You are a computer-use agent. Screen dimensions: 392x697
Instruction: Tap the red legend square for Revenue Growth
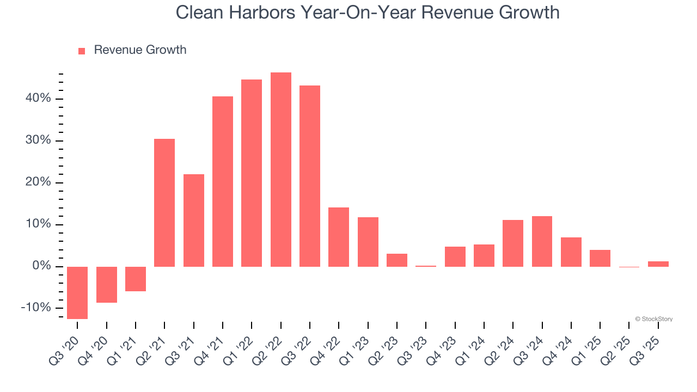(82, 51)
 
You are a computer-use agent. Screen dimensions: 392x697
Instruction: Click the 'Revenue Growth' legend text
(140, 50)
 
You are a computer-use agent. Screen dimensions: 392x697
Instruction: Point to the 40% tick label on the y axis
(38, 99)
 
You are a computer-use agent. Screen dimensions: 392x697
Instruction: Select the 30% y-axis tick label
(38, 140)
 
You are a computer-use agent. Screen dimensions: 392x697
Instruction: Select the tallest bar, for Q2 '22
(281, 169)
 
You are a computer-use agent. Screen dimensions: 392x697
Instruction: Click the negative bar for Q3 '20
(77, 292)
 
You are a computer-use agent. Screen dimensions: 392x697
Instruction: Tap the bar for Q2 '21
(164, 203)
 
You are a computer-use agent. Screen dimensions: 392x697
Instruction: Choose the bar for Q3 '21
(194, 220)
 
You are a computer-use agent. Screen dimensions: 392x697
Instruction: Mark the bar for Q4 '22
(339, 237)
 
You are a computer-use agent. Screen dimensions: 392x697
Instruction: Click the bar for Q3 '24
(542, 241)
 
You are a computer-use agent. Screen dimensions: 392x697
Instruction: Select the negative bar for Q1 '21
(136, 279)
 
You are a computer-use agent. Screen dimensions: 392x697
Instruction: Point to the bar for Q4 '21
(223, 181)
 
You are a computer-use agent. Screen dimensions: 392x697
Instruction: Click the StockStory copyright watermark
(653, 319)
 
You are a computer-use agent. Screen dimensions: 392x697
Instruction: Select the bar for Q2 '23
(397, 260)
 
